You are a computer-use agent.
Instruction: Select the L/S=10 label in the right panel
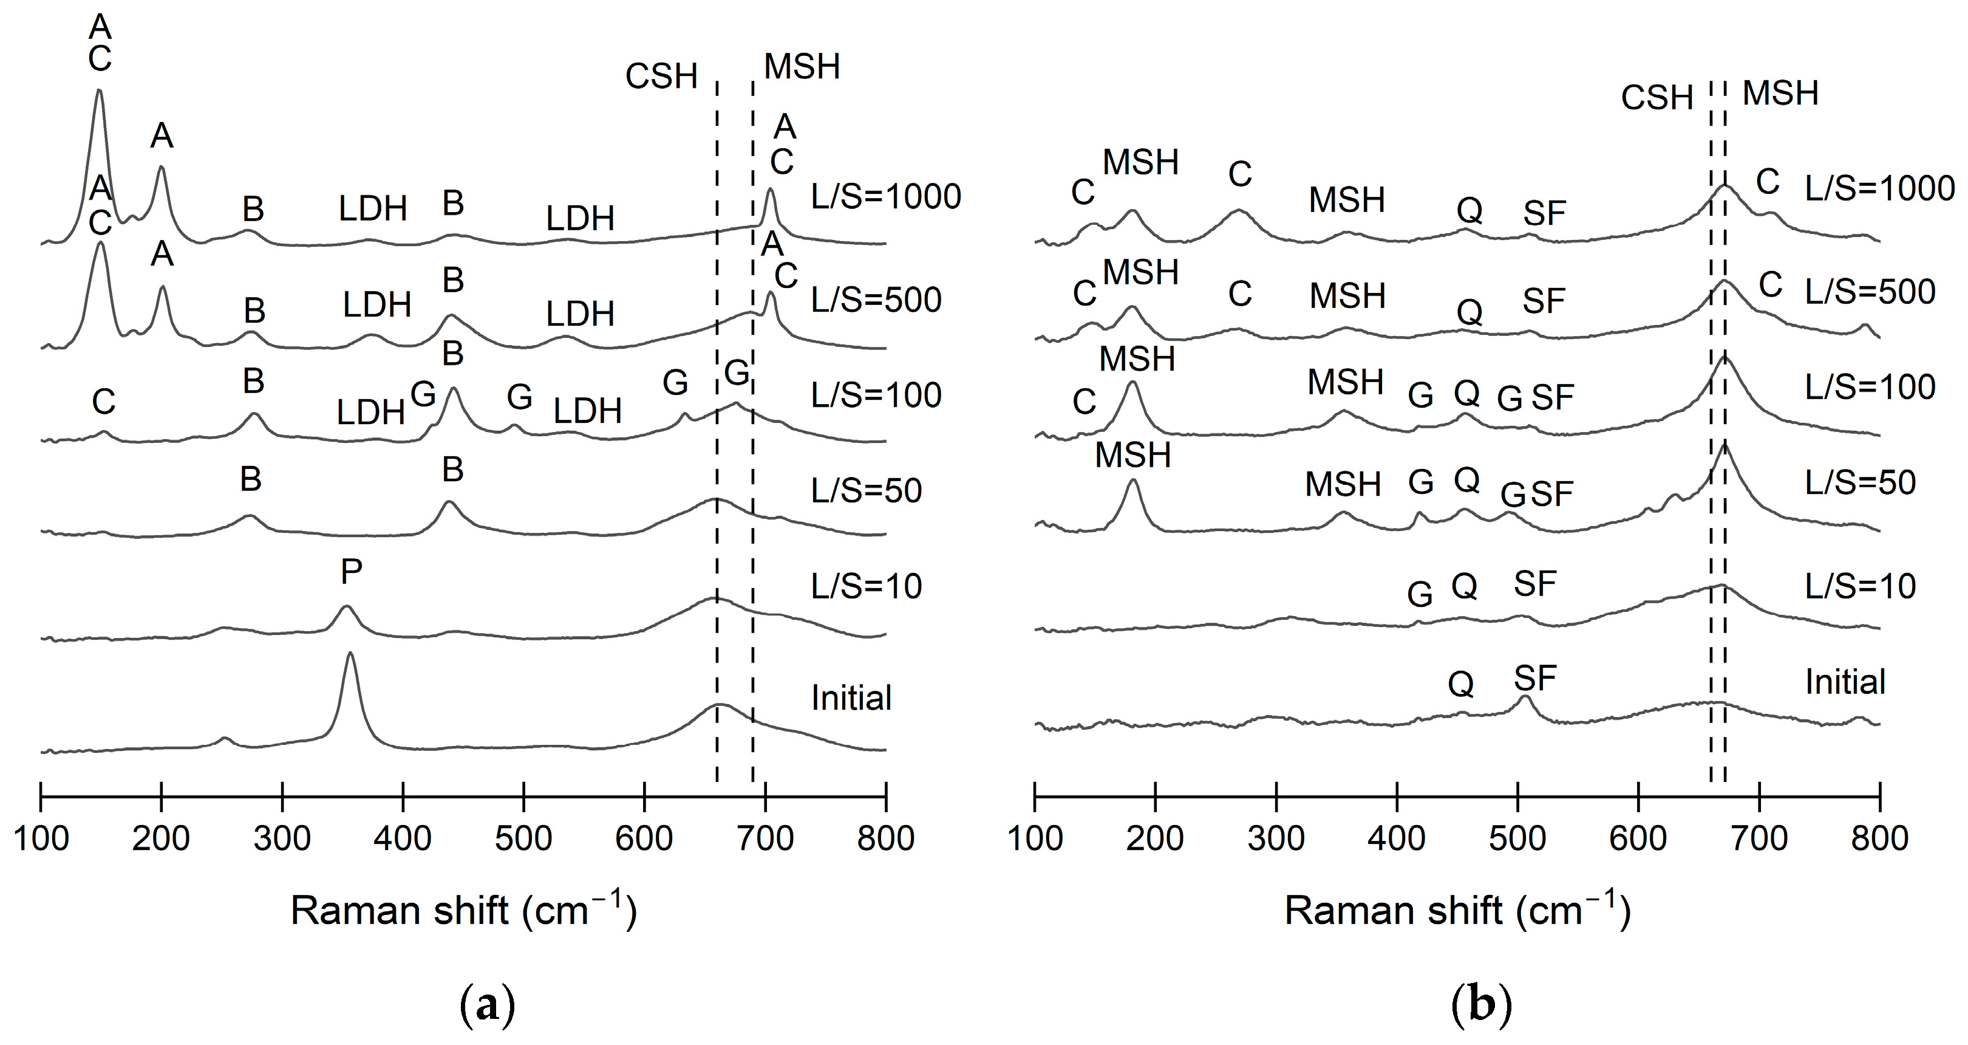(1861, 586)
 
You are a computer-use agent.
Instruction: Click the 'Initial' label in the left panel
(851, 698)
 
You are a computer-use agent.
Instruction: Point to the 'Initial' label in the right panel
(1845, 681)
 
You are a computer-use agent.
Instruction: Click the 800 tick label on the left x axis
(885, 838)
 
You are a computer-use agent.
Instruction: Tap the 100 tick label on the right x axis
(1035, 838)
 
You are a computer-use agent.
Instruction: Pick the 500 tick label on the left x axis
(523, 838)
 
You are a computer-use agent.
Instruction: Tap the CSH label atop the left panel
(662, 77)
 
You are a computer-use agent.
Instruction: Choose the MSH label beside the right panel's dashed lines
(1780, 94)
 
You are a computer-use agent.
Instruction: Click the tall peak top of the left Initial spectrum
(350, 654)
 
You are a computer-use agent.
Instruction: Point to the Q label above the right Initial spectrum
(1461, 684)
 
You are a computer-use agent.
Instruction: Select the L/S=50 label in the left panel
(867, 490)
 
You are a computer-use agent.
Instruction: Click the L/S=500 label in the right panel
(1870, 291)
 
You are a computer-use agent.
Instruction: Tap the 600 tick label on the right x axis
(1638, 838)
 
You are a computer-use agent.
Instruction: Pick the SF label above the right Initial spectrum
(1535, 678)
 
